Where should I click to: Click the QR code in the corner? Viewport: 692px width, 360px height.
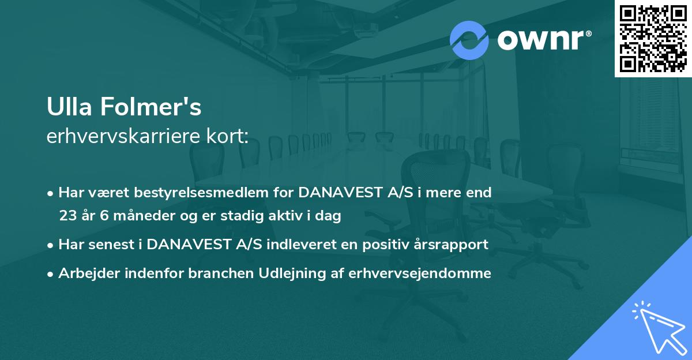click(653, 39)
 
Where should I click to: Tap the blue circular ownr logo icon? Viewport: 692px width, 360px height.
click(469, 40)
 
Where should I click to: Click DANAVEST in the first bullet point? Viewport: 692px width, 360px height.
click(340, 193)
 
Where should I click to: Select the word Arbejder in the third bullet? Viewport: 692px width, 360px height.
click(84, 273)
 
